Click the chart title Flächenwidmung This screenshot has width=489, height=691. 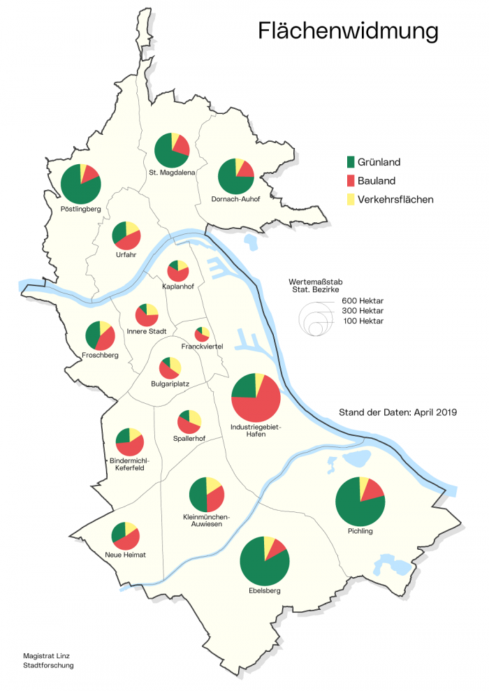point(348,31)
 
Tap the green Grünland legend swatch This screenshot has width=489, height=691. point(351,162)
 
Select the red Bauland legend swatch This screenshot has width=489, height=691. point(351,181)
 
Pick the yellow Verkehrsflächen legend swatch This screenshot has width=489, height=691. point(351,200)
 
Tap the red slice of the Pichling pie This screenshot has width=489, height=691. point(372,488)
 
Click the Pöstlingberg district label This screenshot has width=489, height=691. point(81,209)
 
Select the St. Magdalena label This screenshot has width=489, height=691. point(172,171)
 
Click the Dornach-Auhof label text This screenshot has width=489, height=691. point(235,199)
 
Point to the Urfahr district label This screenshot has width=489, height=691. point(126,254)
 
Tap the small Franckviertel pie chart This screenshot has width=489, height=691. point(202,333)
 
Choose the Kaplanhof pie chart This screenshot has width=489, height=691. point(177,270)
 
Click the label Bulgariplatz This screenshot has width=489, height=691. point(170,384)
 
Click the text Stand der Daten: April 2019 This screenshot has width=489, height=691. point(397,412)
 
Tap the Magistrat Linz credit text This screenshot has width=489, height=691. point(46,656)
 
